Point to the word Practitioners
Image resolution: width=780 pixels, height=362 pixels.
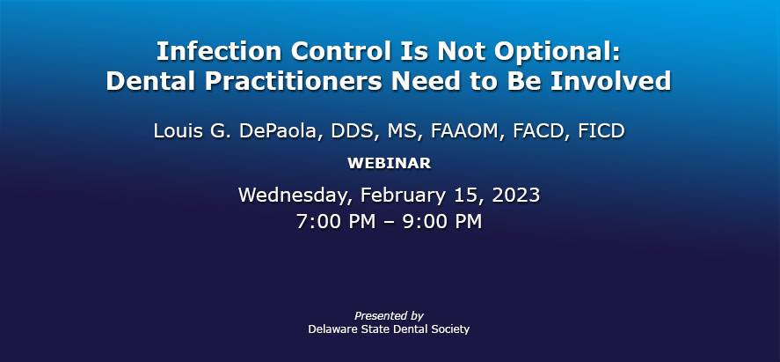tap(294, 81)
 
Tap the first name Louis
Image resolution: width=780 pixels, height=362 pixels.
tap(172, 131)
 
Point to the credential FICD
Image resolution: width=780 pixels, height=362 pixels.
tap(601, 131)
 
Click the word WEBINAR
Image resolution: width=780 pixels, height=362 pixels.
tap(390, 163)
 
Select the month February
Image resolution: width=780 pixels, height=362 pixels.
tap(403, 196)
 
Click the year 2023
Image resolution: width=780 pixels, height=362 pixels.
tap(516, 195)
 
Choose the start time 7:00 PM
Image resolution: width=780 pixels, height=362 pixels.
tap(336, 222)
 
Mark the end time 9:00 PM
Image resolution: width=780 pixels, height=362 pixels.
tap(442, 222)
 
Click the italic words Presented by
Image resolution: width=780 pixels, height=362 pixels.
tap(389, 316)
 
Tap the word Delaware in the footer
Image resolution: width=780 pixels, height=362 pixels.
tap(331, 329)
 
